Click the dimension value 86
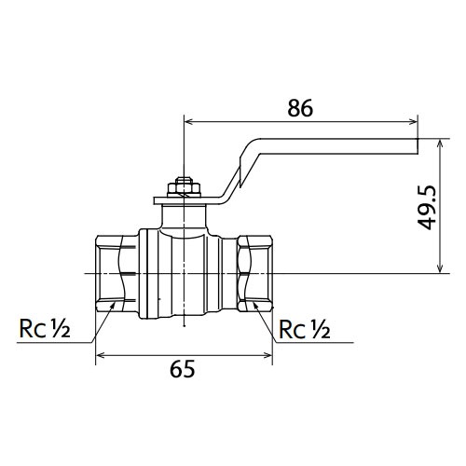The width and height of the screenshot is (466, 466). click(x=300, y=108)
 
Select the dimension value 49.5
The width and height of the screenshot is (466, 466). click(x=427, y=208)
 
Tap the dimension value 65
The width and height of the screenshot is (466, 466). click(x=183, y=369)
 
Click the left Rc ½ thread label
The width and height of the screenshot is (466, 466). click(x=45, y=329)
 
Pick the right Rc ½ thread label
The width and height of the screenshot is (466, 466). click(x=305, y=329)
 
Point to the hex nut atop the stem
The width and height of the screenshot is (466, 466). click(x=184, y=186)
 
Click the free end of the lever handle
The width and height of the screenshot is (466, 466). click(x=417, y=146)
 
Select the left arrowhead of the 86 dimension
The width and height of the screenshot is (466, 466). click(x=189, y=121)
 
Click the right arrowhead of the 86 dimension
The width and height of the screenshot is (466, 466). click(x=414, y=121)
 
